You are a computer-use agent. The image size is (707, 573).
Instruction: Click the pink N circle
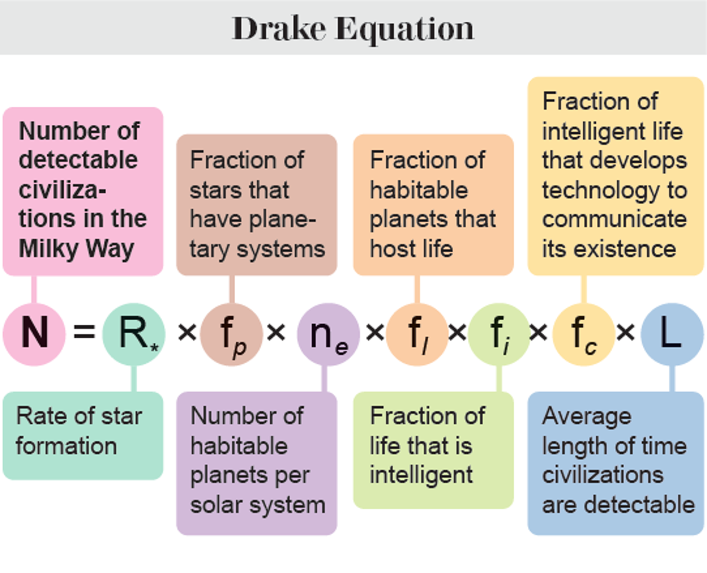coord(34,334)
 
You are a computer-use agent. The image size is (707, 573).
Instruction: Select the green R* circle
coord(134,334)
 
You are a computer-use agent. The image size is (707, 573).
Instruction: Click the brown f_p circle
coord(231,334)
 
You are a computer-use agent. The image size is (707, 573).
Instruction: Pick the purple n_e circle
coord(328,334)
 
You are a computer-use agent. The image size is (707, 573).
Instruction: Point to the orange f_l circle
coord(417,334)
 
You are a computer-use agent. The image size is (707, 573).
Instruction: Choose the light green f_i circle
coord(499,334)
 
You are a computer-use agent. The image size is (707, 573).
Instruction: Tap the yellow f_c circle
coord(583,334)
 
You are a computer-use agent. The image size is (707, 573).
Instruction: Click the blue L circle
coord(672,334)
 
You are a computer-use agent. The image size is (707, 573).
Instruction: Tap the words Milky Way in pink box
coord(77,248)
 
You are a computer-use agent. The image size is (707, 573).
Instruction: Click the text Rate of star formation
coord(78,430)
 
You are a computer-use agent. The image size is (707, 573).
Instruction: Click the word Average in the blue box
coord(587,416)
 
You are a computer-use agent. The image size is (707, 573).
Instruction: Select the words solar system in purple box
coord(257,505)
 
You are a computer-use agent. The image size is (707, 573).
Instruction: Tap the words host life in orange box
coord(411,248)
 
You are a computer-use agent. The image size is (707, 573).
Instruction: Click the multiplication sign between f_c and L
coord(625,333)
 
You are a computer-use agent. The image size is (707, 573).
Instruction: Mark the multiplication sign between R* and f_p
coord(187,333)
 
